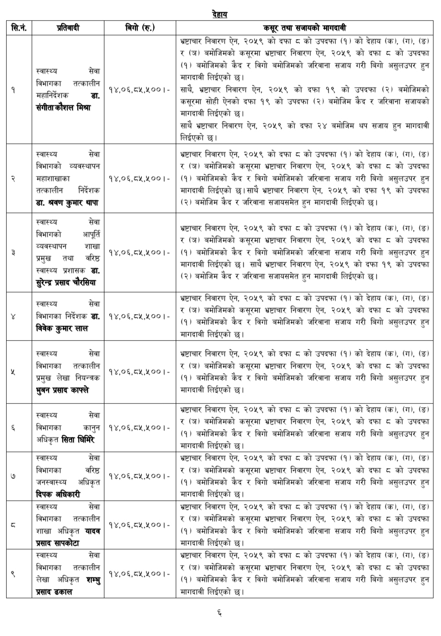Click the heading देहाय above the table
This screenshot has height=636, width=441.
point(219,15)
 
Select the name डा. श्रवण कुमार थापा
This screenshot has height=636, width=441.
point(68,202)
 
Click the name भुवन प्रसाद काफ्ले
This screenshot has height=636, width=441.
point(63,390)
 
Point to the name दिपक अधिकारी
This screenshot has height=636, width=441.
point(58,494)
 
